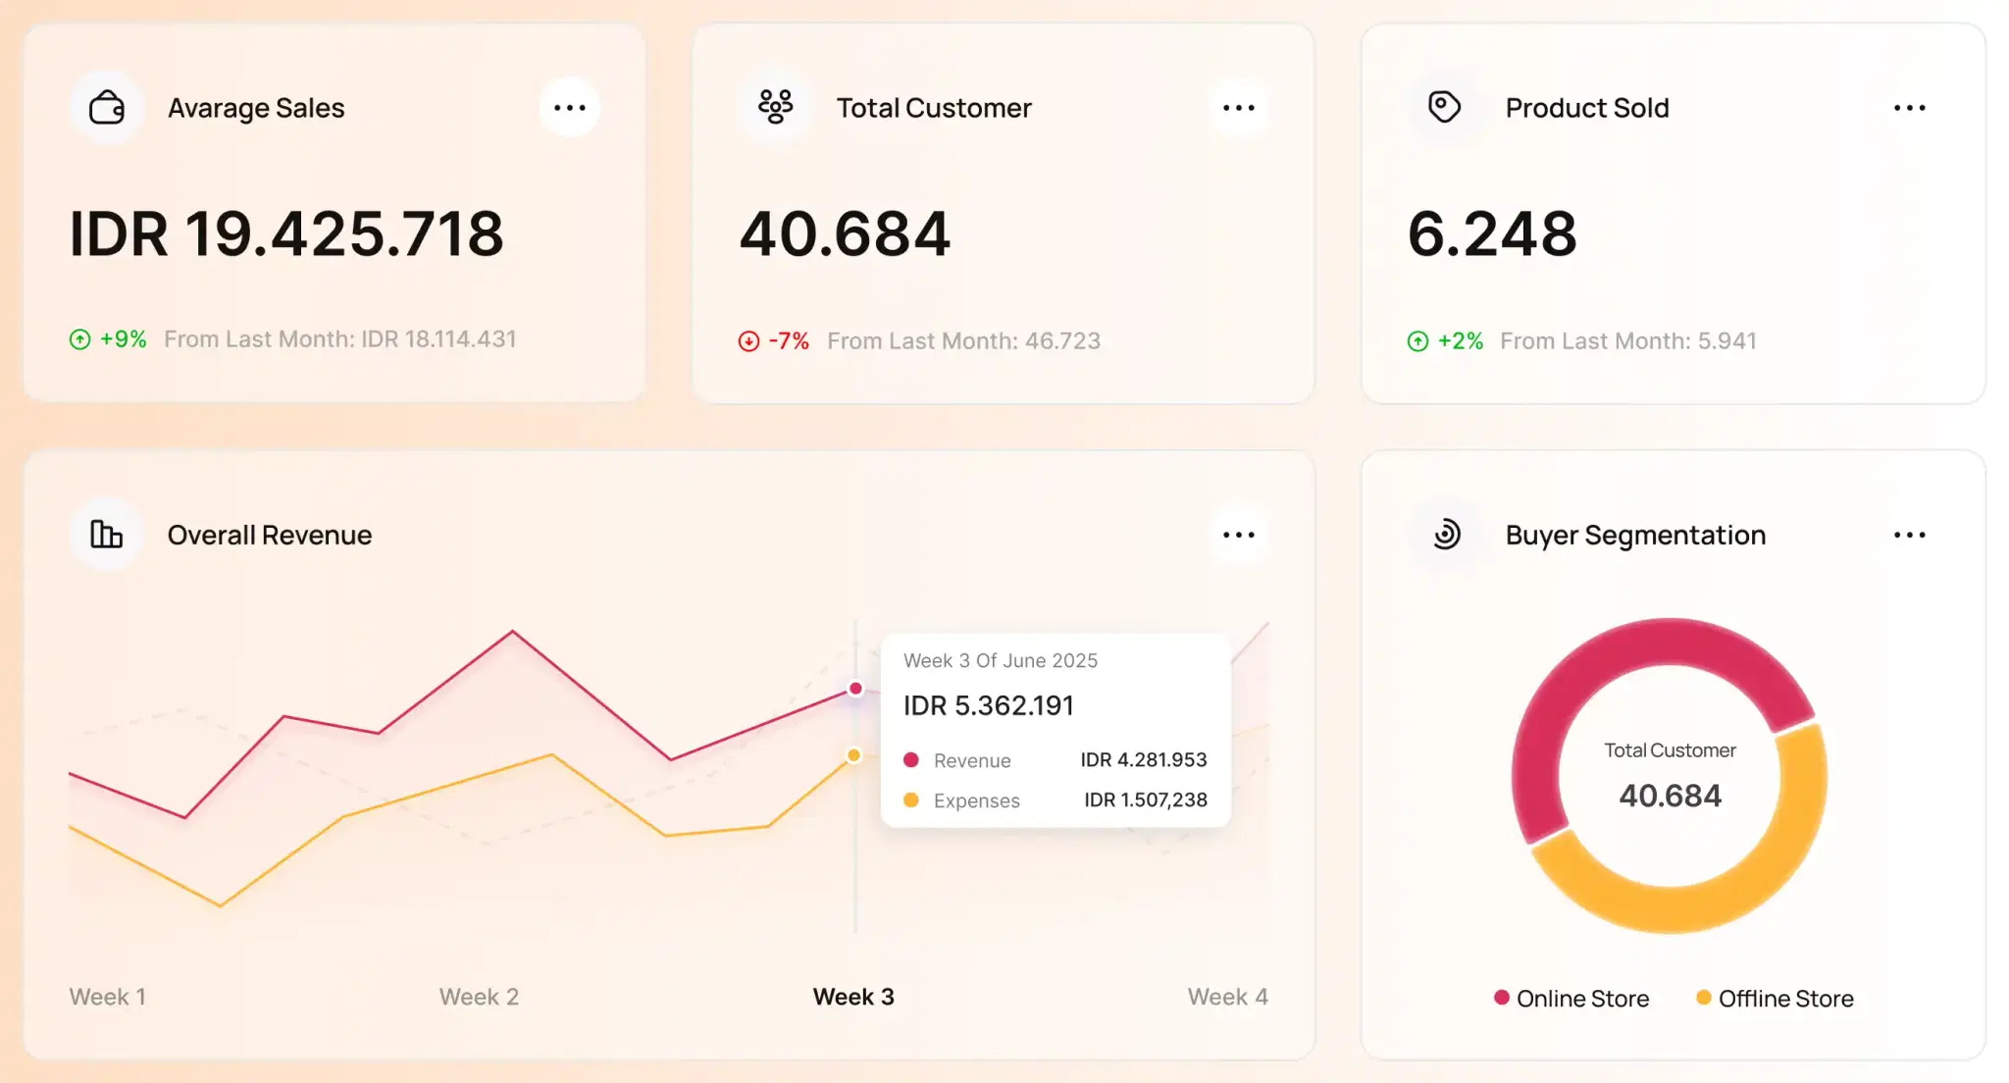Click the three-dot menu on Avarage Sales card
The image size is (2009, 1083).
[x=569, y=108]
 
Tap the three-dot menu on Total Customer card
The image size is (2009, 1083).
[x=1238, y=108]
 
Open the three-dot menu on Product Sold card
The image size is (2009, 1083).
[x=1909, y=108]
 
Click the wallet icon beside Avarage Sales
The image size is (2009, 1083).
[x=107, y=108]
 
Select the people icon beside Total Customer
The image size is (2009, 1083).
[x=775, y=106]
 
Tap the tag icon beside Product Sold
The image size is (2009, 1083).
[x=1444, y=106]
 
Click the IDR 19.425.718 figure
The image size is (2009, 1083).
[x=286, y=234]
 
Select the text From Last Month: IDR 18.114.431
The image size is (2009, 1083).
[x=339, y=339]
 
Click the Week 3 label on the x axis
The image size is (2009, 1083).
[x=853, y=997]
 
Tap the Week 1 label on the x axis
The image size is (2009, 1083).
[x=108, y=997]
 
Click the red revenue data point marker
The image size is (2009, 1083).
[x=855, y=689]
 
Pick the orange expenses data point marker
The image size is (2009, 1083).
[x=854, y=755]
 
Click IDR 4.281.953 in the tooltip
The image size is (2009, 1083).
[x=1143, y=760]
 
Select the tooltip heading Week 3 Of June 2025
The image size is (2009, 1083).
[x=1000, y=661]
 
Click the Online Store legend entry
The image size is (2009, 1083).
[x=1571, y=999]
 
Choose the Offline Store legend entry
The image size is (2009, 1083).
[x=1775, y=999]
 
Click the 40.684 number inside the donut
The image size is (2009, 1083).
[x=1670, y=796]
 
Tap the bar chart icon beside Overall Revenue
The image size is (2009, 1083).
[x=107, y=535]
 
